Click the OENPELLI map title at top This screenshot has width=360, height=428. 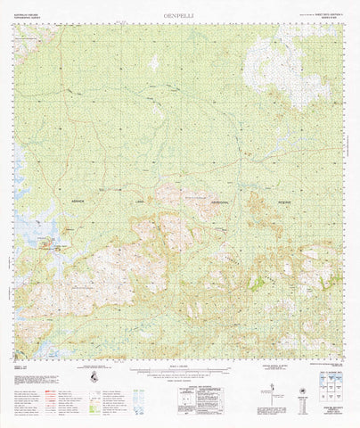pyautogui.click(x=180, y=14)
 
